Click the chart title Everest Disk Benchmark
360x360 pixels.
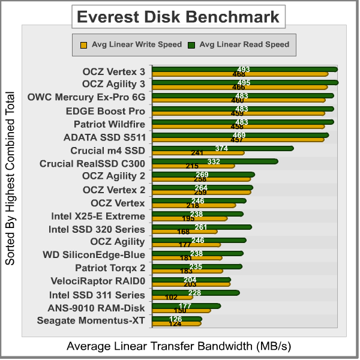pyautogui.click(x=179, y=16)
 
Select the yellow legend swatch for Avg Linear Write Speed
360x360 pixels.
pyautogui.click(x=83, y=44)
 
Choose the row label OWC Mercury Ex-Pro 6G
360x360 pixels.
pyautogui.click(x=86, y=97)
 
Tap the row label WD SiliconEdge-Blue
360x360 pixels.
pyautogui.click(x=94, y=255)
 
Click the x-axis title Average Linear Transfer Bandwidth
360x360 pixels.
pyautogui.click(x=179, y=346)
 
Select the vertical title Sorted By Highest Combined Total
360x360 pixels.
pyautogui.click(x=10, y=179)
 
